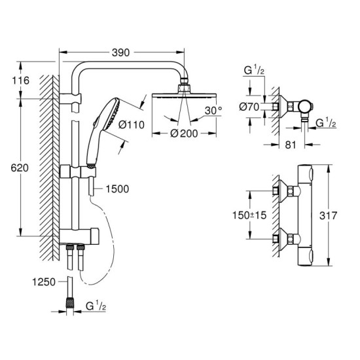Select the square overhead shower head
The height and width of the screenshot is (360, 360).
point(185,96)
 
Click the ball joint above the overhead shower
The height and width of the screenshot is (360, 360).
point(185,86)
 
